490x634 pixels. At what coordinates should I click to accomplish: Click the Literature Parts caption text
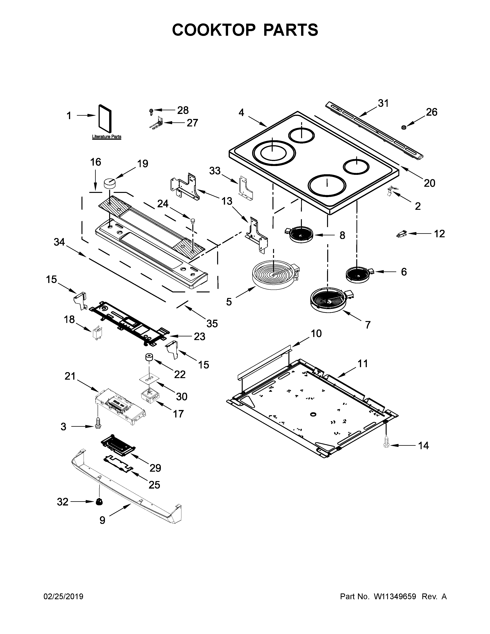(x=106, y=136)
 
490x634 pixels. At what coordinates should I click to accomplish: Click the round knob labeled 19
(x=110, y=183)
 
